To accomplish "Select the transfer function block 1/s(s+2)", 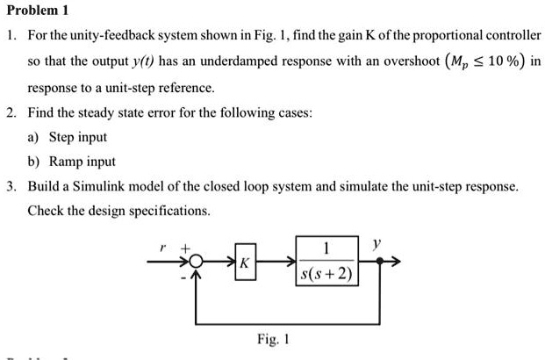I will pyautogui.click(x=326, y=262).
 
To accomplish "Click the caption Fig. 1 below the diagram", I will pyautogui.click(x=274, y=338).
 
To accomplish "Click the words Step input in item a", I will pyautogui.click(x=77, y=138).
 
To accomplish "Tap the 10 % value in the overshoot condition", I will pyautogui.click(x=503, y=63).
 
